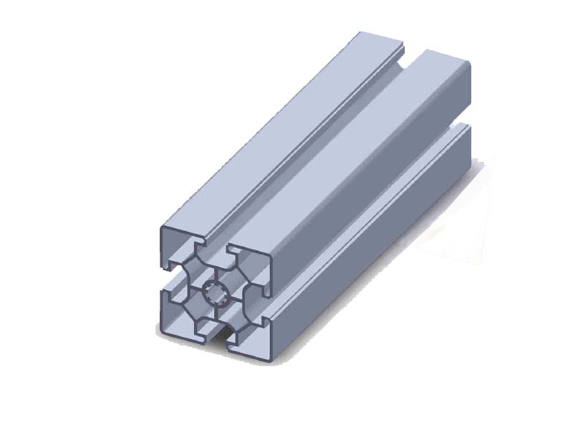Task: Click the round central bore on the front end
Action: point(216,293)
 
